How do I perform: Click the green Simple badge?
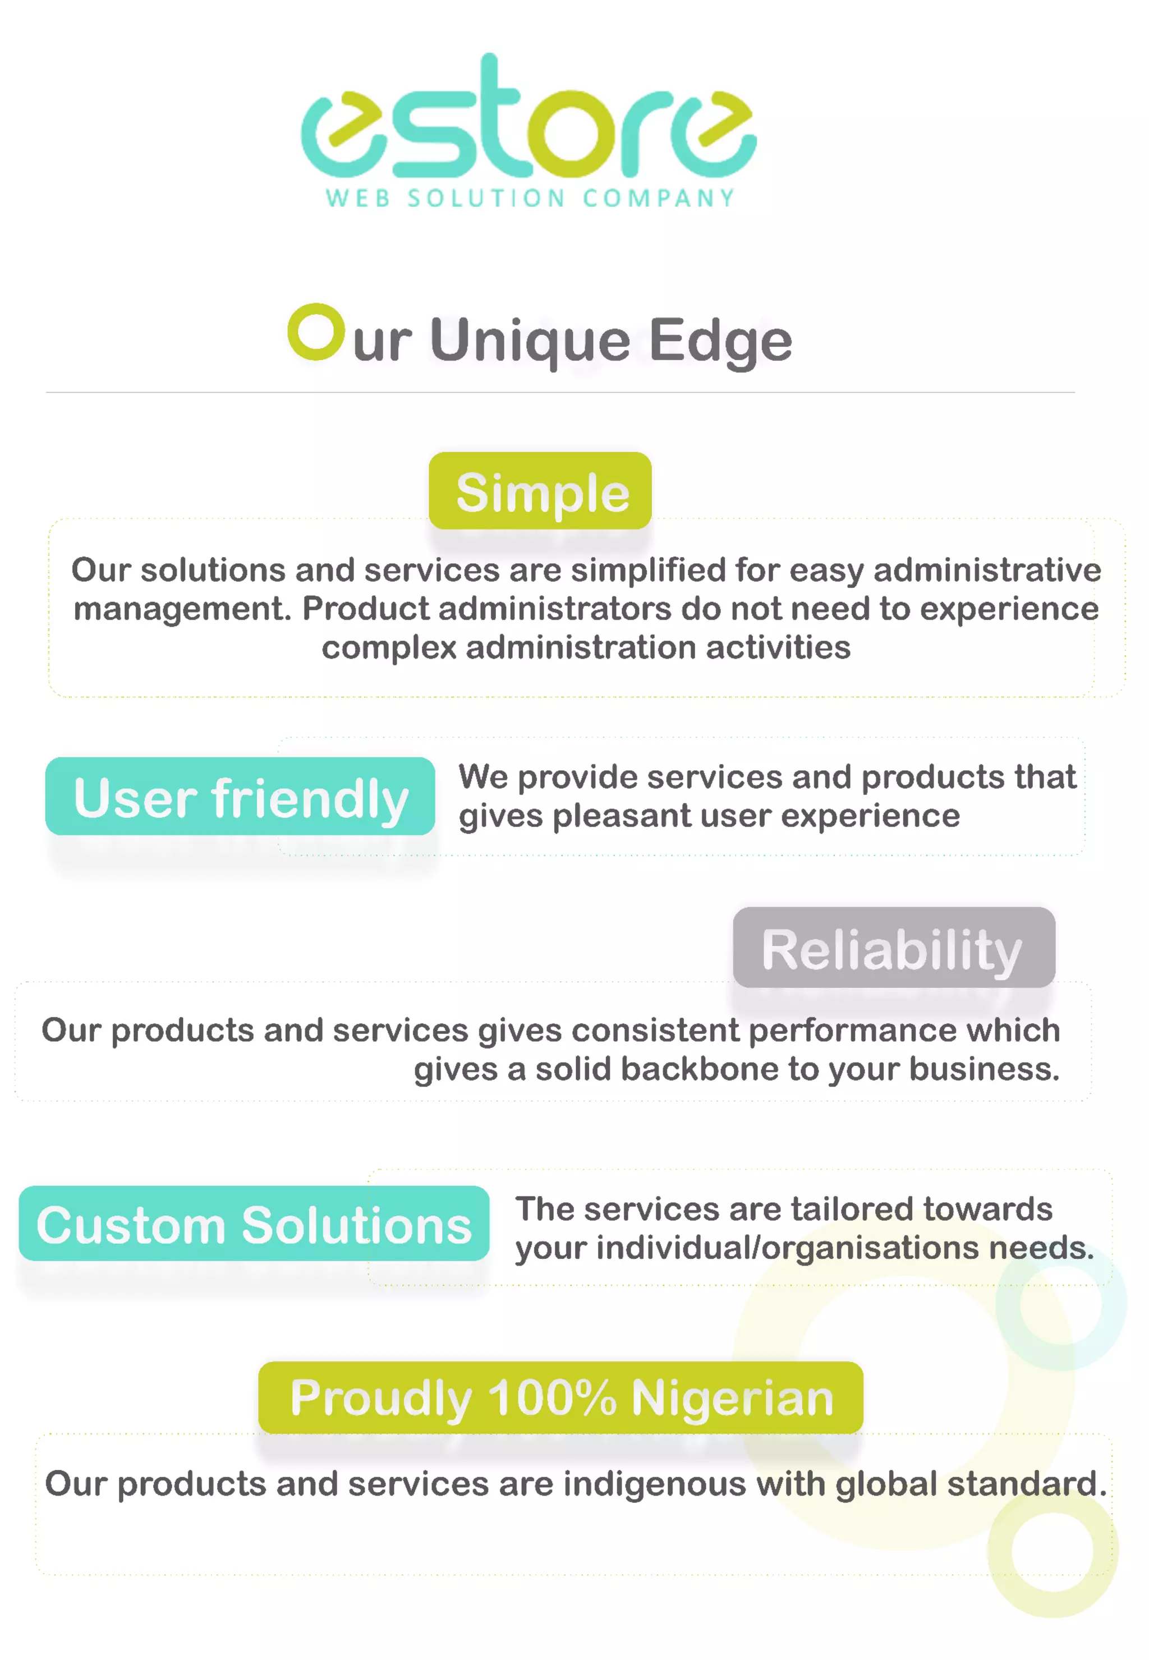click(x=540, y=491)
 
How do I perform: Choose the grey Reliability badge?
click(x=893, y=948)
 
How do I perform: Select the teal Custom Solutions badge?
click(x=254, y=1225)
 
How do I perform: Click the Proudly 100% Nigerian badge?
click(x=561, y=1397)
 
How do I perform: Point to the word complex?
click(x=389, y=648)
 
